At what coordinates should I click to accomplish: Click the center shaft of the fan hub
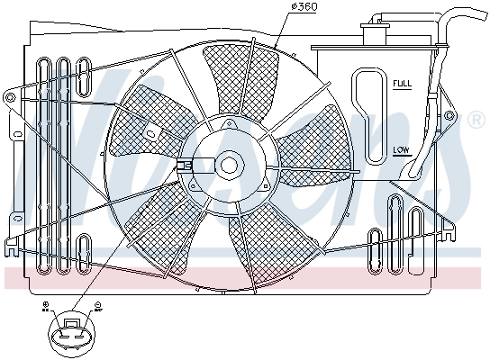229,165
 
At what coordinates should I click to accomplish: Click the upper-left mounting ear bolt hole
11,94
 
